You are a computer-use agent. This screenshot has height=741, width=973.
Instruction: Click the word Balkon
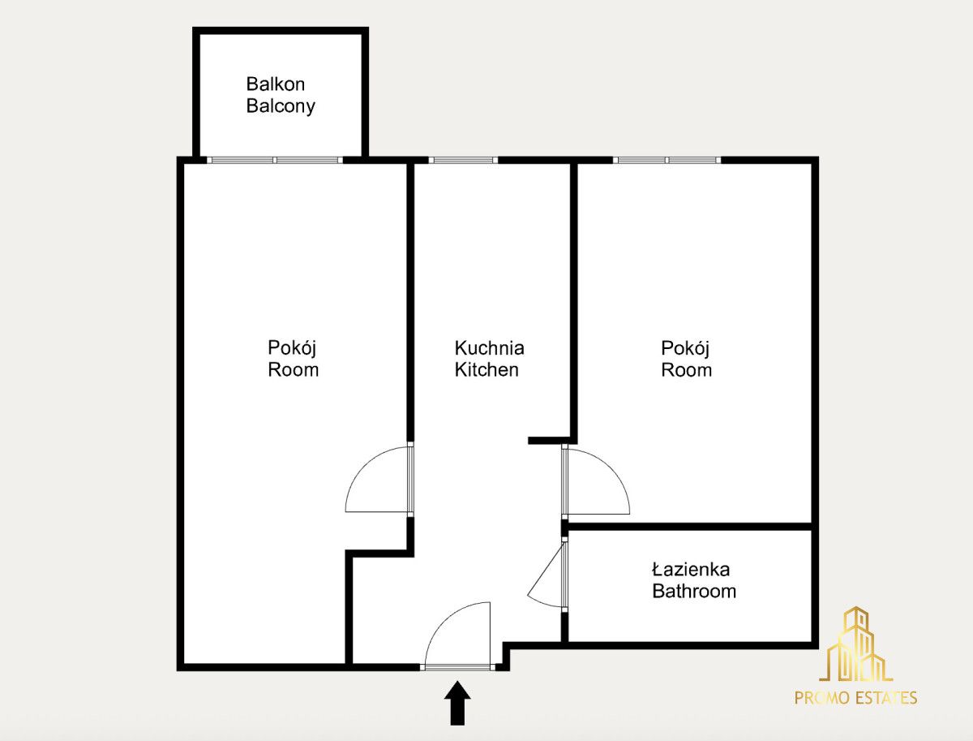[x=275, y=84]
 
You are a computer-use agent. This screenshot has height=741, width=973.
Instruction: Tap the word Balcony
[x=281, y=106]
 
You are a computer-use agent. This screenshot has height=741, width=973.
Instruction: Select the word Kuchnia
[x=490, y=348]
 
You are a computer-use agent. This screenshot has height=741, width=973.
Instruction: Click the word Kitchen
[x=486, y=369]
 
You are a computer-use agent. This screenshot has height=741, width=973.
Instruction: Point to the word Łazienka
[x=691, y=569]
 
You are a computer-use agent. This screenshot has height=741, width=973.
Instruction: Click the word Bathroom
[x=694, y=591]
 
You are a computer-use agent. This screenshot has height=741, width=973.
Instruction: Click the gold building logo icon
[x=855, y=644]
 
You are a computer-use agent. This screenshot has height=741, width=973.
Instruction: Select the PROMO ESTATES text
[x=855, y=698]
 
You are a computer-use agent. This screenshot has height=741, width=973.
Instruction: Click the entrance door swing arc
[x=444, y=621]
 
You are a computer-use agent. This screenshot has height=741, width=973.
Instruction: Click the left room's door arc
[x=364, y=466]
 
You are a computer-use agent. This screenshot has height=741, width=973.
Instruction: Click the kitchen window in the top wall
[x=463, y=160]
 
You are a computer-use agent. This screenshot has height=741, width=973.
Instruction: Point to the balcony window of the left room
[x=275, y=160]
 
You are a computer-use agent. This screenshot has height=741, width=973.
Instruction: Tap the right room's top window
[x=667, y=160]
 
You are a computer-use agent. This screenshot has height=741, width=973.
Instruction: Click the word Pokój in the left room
[x=292, y=349]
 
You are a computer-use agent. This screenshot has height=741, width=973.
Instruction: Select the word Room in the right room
[x=686, y=370]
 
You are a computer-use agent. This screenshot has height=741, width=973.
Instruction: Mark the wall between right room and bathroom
[x=690, y=526]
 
